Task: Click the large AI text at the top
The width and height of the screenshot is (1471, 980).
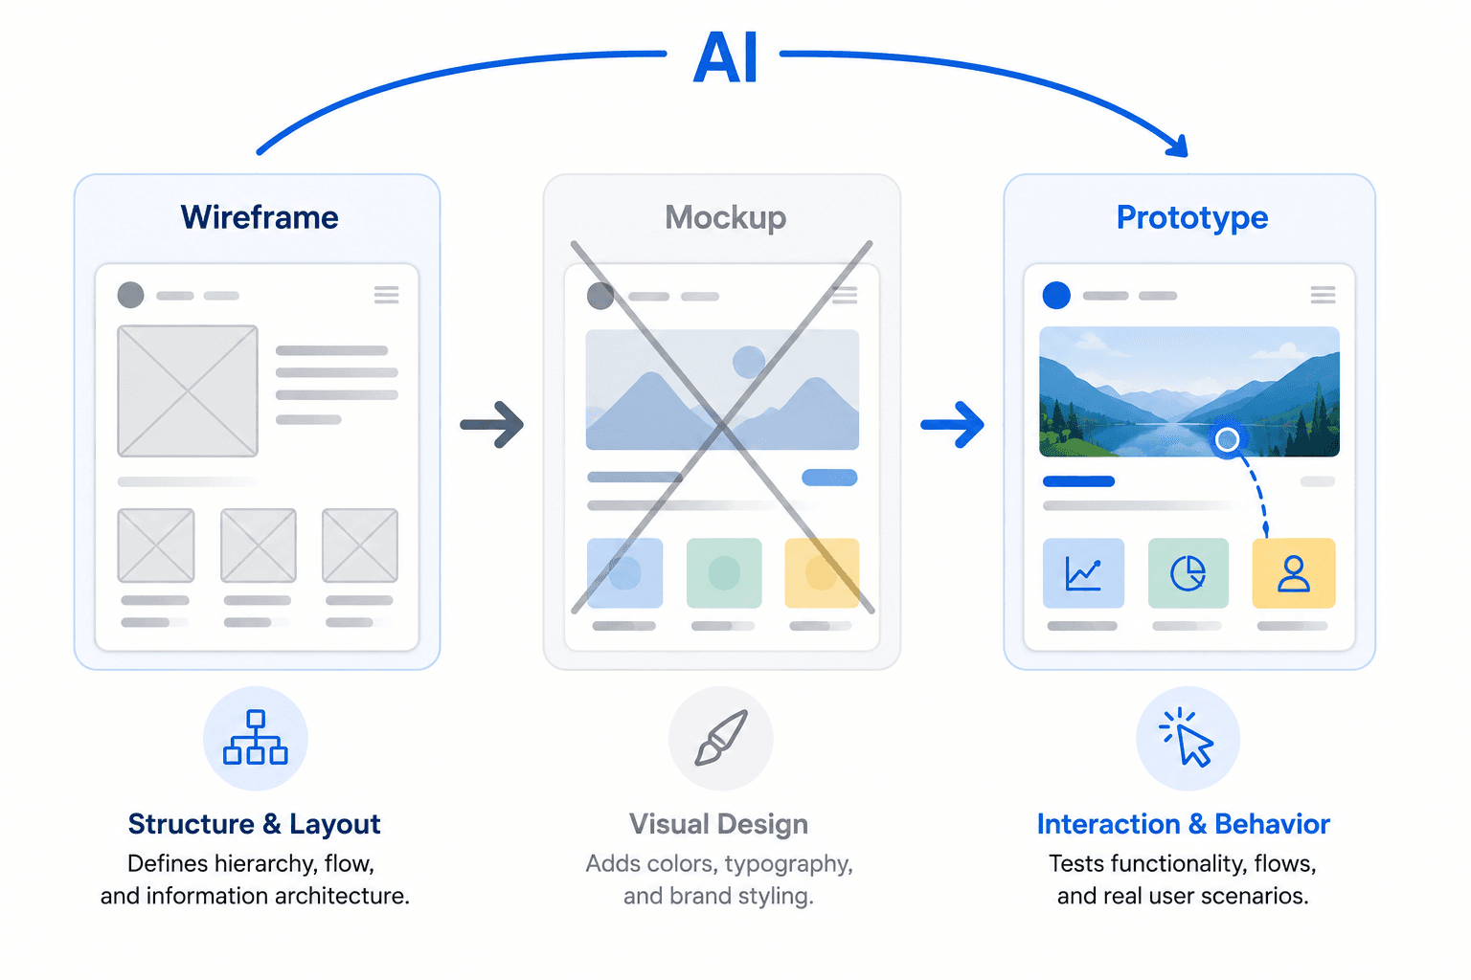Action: [x=725, y=57]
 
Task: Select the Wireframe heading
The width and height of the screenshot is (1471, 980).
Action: [x=260, y=217]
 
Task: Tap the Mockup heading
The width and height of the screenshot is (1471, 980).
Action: [x=725, y=217]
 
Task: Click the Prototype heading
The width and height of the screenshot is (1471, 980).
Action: [x=1192, y=217]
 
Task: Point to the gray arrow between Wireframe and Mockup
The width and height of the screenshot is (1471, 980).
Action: [x=492, y=425]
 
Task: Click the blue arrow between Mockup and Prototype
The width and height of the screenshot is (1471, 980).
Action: [x=952, y=425]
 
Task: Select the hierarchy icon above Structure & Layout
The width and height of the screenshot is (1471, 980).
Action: [x=256, y=737]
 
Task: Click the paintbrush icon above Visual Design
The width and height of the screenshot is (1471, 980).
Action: [x=721, y=737]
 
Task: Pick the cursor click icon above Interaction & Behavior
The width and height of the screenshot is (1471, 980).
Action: [x=1188, y=737]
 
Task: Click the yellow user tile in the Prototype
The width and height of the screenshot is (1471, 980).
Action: [x=1294, y=573]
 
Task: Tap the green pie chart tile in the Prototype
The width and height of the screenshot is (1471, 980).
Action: [x=1188, y=573]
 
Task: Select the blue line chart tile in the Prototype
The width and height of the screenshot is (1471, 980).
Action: [x=1083, y=573]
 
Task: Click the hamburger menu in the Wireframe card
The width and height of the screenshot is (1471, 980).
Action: [x=386, y=295]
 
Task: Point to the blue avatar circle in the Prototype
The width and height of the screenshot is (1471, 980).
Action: [x=1056, y=295]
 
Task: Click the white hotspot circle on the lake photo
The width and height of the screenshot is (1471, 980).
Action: [x=1227, y=439]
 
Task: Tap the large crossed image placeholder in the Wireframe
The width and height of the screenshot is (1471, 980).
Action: [x=188, y=391]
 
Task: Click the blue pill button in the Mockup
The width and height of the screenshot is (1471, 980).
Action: [x=829, y=478]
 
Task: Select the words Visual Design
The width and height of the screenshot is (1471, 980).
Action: [x=718, y=824]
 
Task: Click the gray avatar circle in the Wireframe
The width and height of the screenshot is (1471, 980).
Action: [x=130, y=295]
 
